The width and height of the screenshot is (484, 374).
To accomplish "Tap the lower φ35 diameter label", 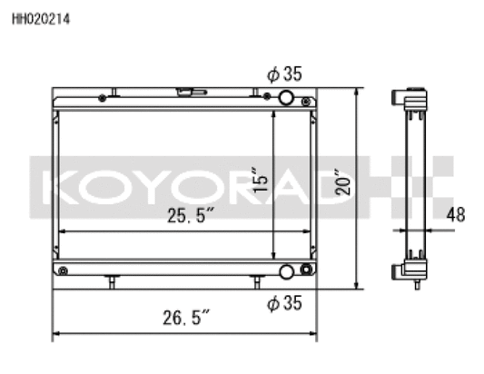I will click(x=284, y=303).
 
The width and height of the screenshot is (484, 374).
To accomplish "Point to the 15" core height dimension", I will click(x=262, y=179).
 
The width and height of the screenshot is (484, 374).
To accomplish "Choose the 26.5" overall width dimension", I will click(x=186, y=318).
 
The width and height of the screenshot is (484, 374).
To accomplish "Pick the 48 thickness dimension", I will click(x=458, y=215).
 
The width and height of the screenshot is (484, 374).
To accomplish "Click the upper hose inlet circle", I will click(x=286, y=98).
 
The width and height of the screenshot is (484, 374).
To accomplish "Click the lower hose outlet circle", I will click(x=286, y=271).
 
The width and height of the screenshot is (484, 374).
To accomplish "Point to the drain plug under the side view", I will click(x=416, y=284).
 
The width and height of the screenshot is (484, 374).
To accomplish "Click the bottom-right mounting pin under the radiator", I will click(x=257, y=281).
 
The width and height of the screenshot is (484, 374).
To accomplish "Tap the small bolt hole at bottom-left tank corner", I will click(x=62, y=270).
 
